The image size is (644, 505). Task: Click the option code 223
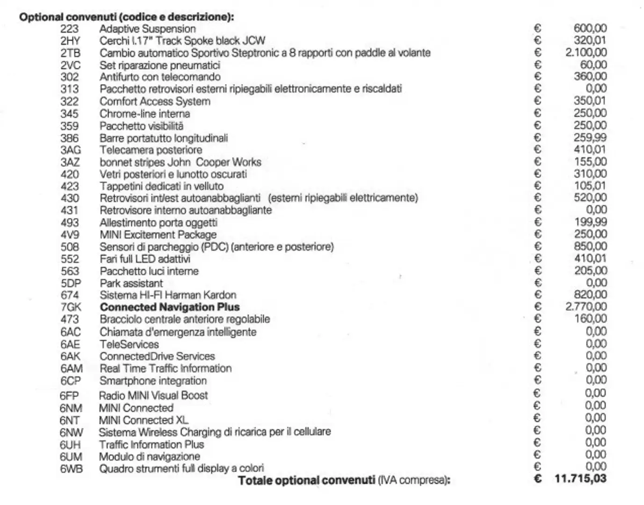(69, 29)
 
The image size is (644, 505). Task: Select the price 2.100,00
(586, 52)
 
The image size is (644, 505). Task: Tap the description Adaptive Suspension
(147, 29)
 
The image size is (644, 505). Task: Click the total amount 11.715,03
(580, 478)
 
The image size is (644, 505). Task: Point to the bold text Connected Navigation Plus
(170, 307)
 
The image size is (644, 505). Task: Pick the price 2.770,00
(586, 307)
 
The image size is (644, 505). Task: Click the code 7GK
(71, 307)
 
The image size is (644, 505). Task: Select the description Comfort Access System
(155, 101)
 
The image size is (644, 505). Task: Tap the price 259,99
(590, 137)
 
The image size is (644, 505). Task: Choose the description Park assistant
(131, 283)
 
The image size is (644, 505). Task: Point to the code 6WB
(71, 469)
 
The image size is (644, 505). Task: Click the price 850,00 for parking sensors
(590, 246)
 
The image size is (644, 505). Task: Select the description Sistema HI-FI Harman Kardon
(168, 295)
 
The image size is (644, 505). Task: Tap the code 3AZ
(70, 162)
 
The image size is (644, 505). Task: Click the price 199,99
(590, 222)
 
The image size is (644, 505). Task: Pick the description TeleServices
(129, 344)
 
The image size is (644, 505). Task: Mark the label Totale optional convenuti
(306, 480)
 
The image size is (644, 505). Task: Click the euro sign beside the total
(538, 479)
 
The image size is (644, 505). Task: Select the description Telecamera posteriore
(151, 150)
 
